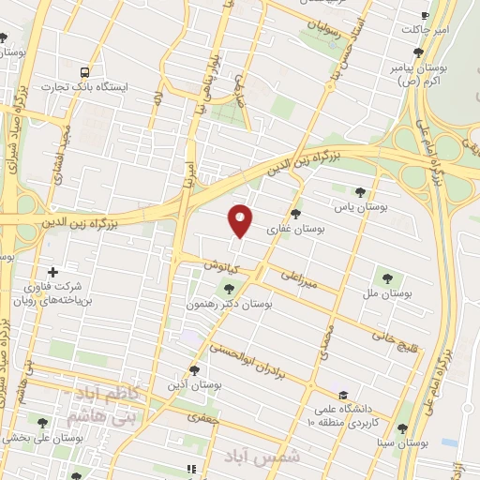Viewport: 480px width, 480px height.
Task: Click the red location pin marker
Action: click(241, 220)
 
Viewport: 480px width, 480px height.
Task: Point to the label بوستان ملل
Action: click(388, 294)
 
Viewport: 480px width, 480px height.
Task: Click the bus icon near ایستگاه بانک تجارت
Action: click(86, 71)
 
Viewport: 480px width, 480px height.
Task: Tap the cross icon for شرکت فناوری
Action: click(53, 272)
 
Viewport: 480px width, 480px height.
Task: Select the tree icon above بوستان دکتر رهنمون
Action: click(228, 288)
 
